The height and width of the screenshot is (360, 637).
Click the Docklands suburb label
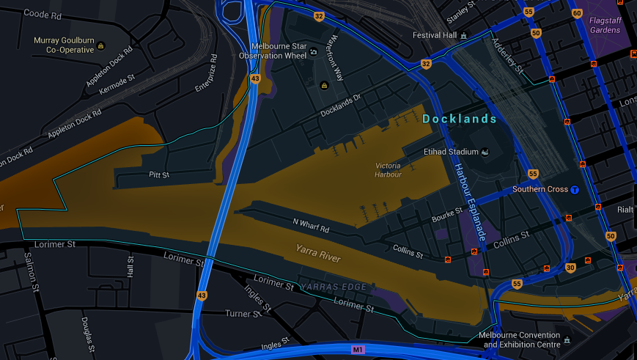[460, 119]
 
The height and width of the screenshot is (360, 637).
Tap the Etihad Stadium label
[451, 152]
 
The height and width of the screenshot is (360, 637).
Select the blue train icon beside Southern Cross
[575, 190]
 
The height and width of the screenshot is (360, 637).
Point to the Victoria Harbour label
[388, 170]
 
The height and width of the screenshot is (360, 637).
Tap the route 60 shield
[577, 13]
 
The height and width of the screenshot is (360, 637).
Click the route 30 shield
[570, 268]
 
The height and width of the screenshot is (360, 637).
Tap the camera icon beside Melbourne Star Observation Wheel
[313, 52]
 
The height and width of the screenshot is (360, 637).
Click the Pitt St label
[159, 175]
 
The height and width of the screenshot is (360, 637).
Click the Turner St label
[242, 313]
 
